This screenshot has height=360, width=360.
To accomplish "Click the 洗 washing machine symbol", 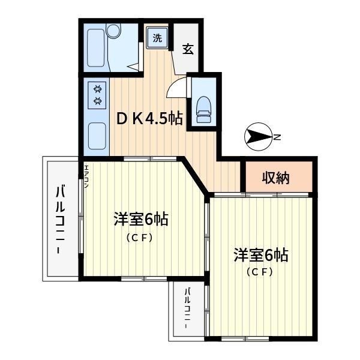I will point(157,38).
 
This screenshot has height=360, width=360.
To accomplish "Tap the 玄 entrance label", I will point(188,49).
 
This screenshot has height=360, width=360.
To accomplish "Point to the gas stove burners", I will point(97,95).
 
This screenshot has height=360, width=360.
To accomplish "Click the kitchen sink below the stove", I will point(96,137).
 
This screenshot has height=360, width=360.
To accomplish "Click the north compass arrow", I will point(257,137).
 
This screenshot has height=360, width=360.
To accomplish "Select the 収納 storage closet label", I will point(276,178).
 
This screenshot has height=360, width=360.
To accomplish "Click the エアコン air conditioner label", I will point(86,176).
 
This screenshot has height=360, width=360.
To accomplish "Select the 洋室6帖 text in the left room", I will point(140,220).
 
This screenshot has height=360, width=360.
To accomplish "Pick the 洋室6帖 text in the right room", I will point(261,255).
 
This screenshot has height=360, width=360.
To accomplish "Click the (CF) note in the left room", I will point(139,237).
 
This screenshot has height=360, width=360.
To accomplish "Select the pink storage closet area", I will point(276,178).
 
